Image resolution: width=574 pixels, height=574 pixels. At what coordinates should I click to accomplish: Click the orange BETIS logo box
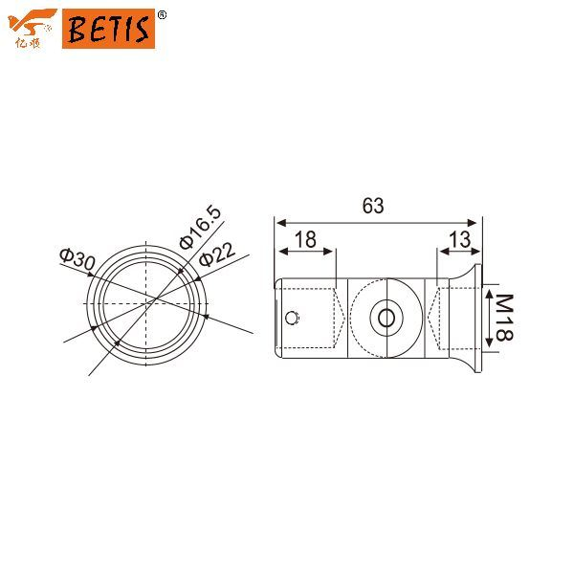[107, 29]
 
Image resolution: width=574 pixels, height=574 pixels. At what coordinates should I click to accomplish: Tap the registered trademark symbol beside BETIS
[161, 14]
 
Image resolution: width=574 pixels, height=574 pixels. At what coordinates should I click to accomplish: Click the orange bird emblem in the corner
[33, 20]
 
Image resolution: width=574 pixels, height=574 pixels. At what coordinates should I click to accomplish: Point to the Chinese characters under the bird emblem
[32, 40]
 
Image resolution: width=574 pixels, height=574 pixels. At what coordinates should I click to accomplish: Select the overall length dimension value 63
[373, 206]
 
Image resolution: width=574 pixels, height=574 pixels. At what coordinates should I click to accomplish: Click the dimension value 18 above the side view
[305, 240]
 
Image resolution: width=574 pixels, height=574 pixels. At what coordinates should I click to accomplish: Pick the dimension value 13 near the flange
[458, 240]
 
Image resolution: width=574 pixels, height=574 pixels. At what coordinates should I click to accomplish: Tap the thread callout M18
[502, 320]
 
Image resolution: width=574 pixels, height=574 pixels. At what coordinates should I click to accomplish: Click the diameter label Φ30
[77, 258]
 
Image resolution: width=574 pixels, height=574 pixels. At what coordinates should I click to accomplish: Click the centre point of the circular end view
[148, 303]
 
